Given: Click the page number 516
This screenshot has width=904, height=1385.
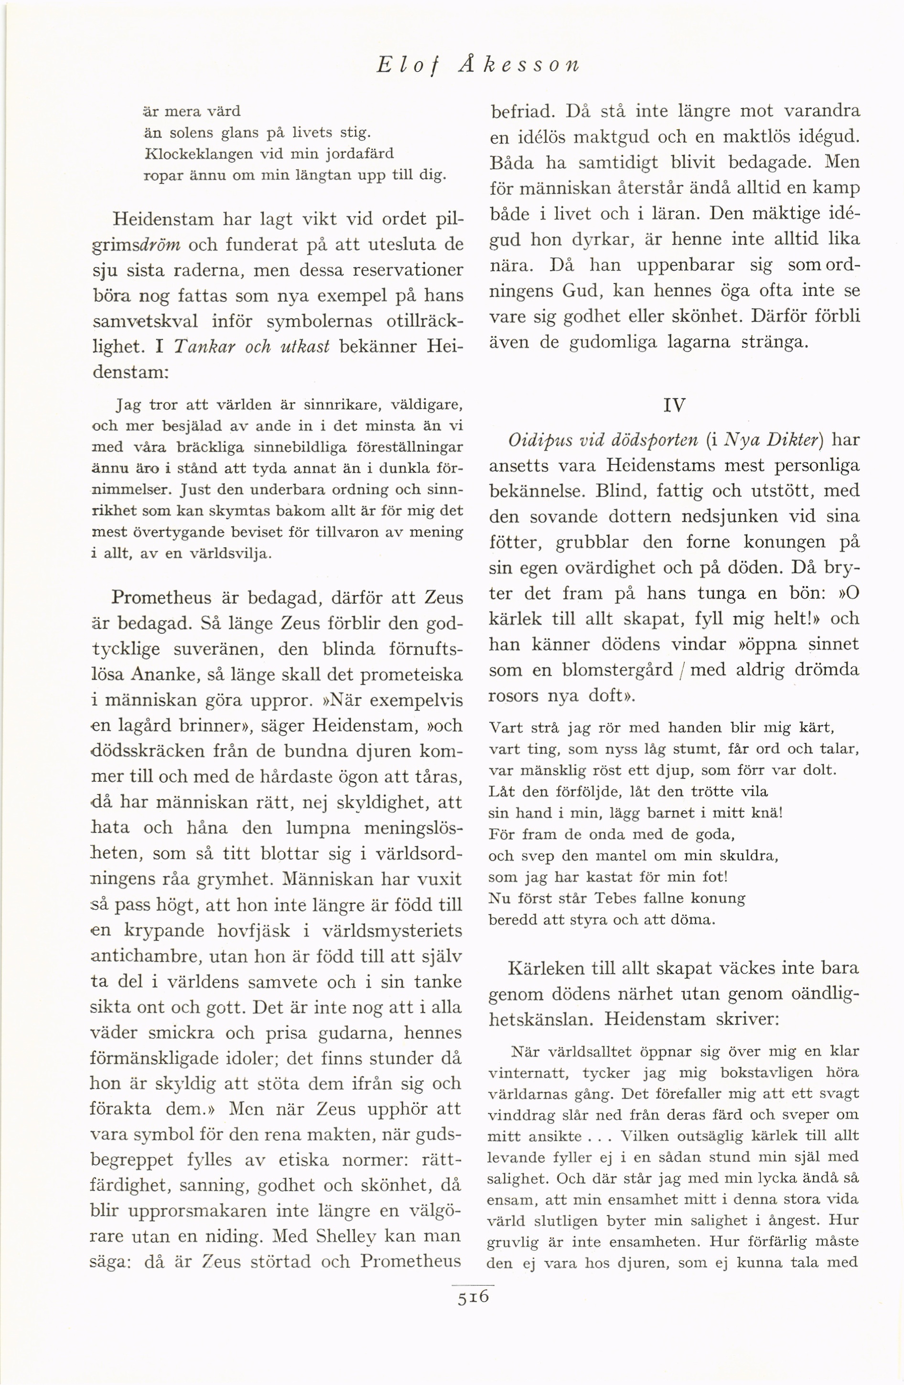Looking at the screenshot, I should click(473, 1298).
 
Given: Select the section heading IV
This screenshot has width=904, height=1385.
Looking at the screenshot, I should click(674, 405).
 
